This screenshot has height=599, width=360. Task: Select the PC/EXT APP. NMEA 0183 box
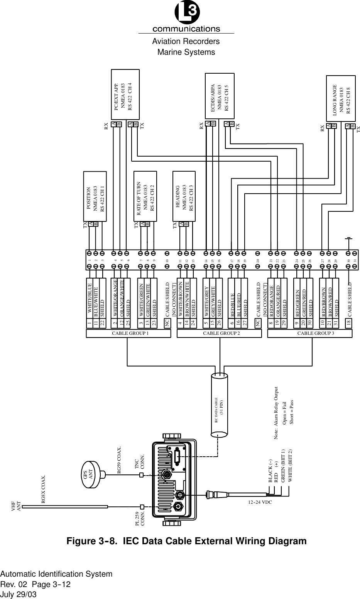coord(125,95)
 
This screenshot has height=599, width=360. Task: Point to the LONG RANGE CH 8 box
coord(341,100)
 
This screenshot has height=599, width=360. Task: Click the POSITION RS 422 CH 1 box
coord(95,196)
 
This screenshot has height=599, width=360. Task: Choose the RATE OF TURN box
coord(145,196)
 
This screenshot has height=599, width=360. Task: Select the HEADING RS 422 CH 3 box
coord(184,196)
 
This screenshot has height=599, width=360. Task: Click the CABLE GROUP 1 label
coord(127,333)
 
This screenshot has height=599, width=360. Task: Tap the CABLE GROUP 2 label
coord(219,333)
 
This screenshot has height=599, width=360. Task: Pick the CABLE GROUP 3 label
coord(310,333)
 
